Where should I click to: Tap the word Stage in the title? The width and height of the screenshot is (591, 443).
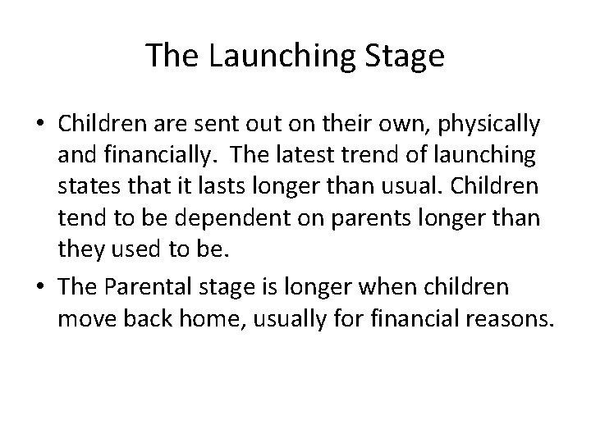pyautogui.click(x=405, y=57)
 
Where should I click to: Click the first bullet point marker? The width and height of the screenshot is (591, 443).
pyautogui.click(x=40, y=125)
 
